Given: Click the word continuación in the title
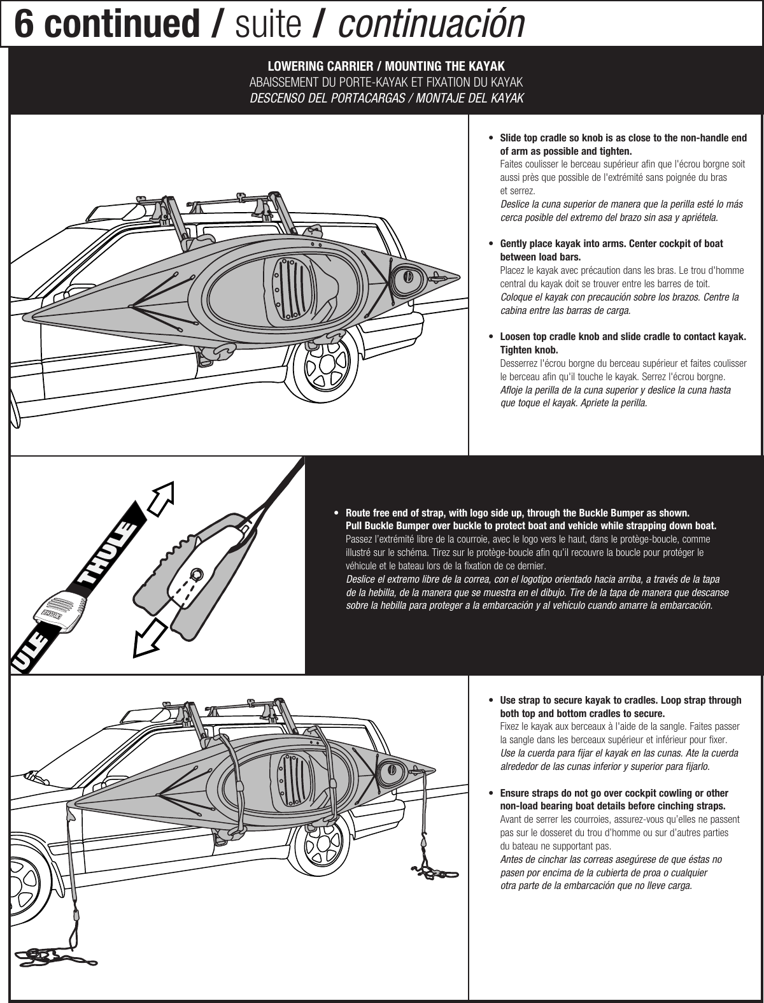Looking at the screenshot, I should click(432, 24).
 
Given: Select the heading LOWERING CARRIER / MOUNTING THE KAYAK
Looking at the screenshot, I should click(386, 67).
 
